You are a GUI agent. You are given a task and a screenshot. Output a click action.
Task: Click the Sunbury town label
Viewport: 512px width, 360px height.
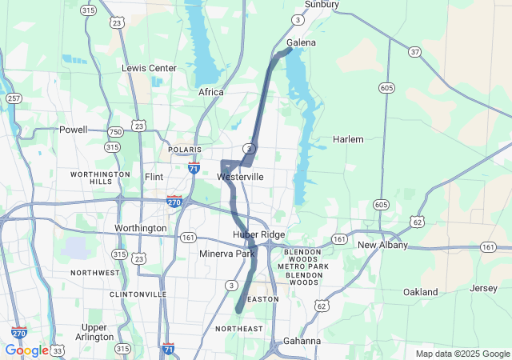click(x=322, y=5)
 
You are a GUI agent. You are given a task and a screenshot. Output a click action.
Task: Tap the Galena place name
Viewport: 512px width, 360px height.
click(x=301, y=42)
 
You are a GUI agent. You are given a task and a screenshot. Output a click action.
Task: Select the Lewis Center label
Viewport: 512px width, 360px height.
click(x=149, y=69)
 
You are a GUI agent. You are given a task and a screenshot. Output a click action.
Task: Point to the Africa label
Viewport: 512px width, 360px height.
click(x=211, y=93)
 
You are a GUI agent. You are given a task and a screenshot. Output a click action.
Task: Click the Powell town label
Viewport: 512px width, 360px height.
click(x=74, y=130)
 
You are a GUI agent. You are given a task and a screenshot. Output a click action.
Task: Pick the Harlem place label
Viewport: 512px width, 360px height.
click(x=348, y=139)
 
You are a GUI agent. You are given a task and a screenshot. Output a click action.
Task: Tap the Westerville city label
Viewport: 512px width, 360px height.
click(x=240, y=176)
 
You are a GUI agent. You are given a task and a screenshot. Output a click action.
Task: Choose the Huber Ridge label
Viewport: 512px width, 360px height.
click(x=258, y=234)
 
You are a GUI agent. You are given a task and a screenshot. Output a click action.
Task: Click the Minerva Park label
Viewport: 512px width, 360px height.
click(x=227, y=254)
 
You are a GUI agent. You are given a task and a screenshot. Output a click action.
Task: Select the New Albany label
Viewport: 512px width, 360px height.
click(x=382, y=245)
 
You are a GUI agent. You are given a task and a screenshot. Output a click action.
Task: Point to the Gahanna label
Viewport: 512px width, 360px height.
click(x=302, y=341)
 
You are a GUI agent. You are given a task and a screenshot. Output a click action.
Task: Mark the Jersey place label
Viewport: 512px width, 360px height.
click(x=484, y=288)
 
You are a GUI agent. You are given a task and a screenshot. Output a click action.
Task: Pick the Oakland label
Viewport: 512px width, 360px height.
click(x=420, y=292)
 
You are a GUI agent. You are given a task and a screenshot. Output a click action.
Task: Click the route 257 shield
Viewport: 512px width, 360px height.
click(x=14, y=98)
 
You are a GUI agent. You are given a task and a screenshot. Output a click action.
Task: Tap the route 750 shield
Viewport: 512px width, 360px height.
click(x=116, y=131)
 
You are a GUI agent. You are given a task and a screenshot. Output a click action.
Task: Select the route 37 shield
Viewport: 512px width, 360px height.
click(x=414, y=52)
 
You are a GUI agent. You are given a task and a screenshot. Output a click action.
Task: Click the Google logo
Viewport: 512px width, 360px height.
click(x=26, y=350)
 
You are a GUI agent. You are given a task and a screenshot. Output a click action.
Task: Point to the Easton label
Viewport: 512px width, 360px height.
click(x=264, y=299)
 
